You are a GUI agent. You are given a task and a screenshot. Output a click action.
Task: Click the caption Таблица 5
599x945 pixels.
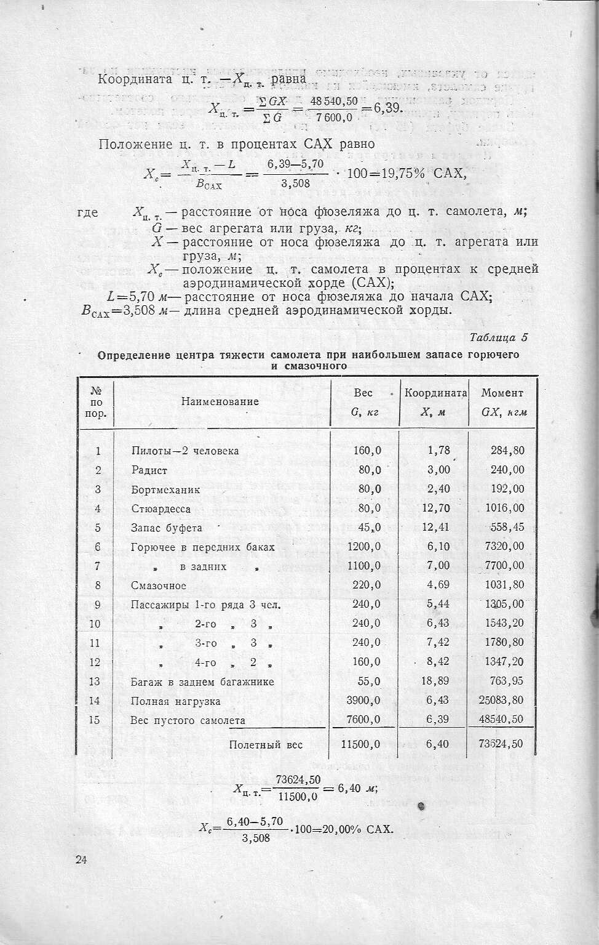[x=498, y=337]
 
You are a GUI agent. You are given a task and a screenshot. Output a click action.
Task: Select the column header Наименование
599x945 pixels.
[x=220, y=402]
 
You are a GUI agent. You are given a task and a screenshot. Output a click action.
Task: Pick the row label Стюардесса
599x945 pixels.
[x=161, y=509]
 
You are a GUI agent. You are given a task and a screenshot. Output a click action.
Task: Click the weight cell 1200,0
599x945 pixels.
[x=364, y=546]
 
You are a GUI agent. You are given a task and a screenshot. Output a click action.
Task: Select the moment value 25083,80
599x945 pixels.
[x=501, y=700]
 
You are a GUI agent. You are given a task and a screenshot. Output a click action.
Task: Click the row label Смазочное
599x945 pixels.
[x=158, y=585]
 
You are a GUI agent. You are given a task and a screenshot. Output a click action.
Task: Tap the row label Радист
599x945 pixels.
[x=149, y=470]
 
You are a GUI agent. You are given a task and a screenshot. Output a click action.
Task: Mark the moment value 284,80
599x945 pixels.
[x=507, y=451]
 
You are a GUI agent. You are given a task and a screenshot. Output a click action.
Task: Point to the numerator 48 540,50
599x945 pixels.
[x=333, y=100]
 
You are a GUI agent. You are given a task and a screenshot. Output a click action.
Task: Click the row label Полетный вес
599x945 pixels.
[x=266, y=744]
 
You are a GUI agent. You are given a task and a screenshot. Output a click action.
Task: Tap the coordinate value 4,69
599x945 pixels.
[x=438, y=585]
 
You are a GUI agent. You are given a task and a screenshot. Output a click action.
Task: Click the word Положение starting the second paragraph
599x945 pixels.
[x=135, y=145]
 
